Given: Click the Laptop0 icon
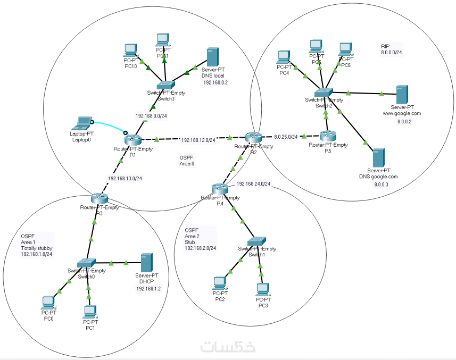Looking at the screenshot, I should point(83,123).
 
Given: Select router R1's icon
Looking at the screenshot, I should point(132,140).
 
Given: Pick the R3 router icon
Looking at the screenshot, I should point(98,198).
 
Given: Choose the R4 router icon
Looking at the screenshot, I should point(219,188).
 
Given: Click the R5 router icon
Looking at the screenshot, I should point(327,136).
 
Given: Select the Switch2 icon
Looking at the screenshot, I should point(322,93).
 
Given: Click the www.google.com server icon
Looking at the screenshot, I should point(402,95).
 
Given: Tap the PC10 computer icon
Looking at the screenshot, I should point(130,51).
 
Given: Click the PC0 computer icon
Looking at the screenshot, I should point(48,302).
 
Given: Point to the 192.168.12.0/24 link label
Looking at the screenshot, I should point(198,140).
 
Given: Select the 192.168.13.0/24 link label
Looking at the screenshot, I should point(125,179).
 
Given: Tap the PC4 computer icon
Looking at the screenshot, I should point(284,56).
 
